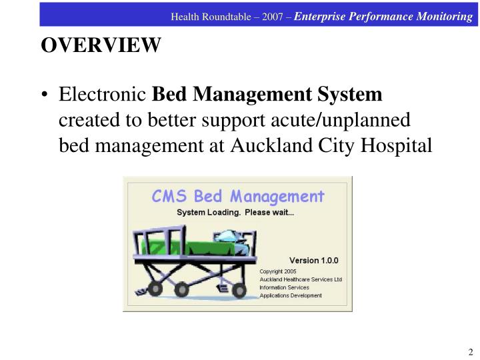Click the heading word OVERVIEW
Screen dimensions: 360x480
[101, 45]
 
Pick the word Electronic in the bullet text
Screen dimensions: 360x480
[103, 95]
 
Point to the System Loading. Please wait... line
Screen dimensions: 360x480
[235, 213]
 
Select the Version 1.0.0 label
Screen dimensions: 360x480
[314, 260]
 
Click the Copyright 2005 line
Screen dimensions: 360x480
[278, 272]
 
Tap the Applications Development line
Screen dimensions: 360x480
[291, 295]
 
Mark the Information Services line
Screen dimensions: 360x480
[285, 287]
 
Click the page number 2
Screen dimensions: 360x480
[470, 352]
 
